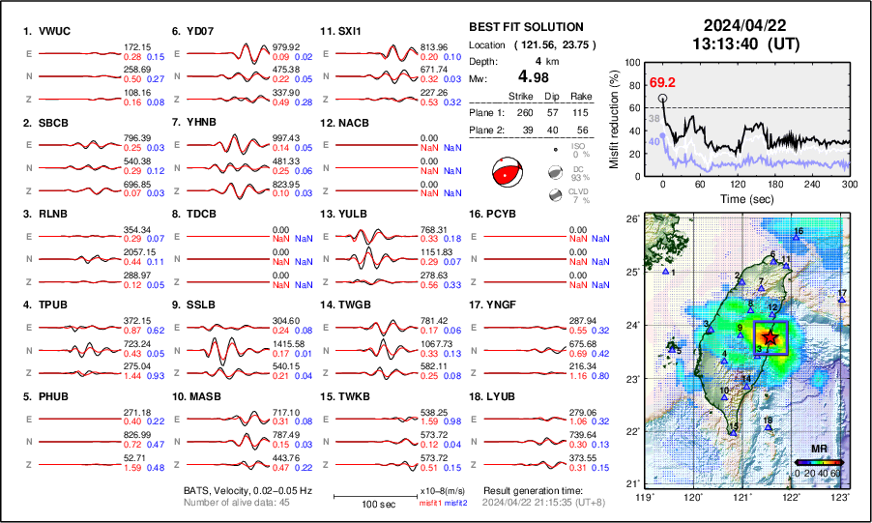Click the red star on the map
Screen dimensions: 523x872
pyautogui.click(x=770, y=337)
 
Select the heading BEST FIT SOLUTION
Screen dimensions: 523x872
pyautogui.click(x=526, y=27)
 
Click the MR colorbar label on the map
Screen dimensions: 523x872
pyautogui.click(x=819, y=450)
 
